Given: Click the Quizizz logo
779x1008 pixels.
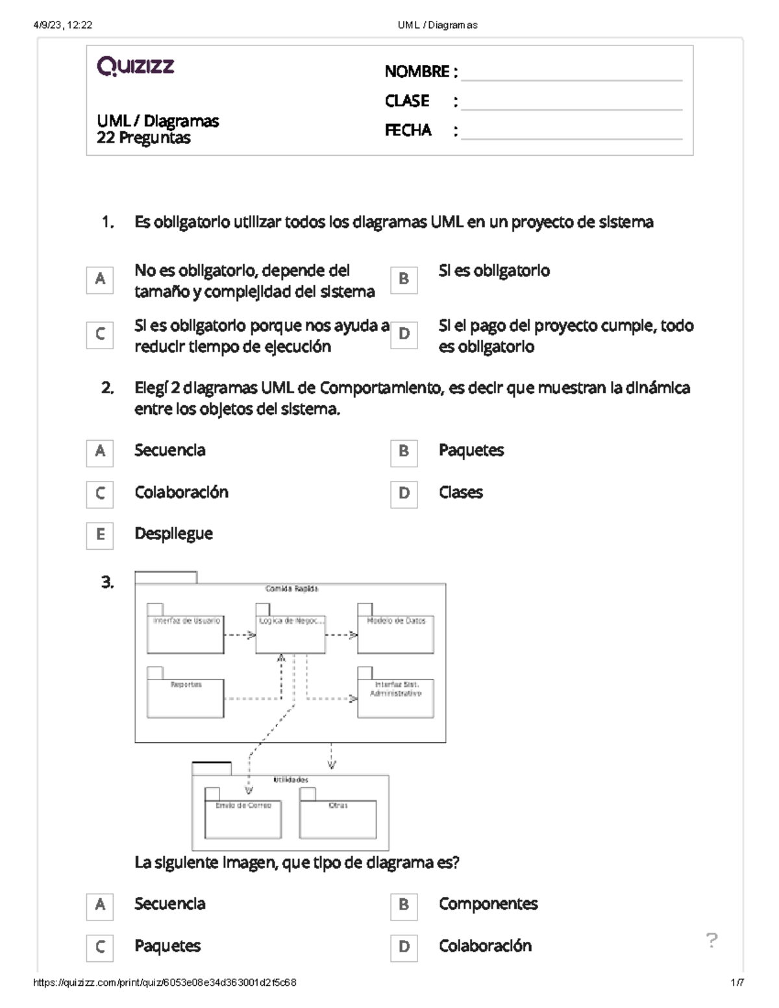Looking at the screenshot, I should (135, 66).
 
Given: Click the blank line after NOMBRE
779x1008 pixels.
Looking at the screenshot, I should (571, 73).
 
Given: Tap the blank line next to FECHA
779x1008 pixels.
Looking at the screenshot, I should (571, 132).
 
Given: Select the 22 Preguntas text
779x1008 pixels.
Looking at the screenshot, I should (143, 138).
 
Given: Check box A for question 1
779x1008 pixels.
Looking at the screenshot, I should (99, 280).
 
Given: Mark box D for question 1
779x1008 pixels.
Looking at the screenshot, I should (404, 335).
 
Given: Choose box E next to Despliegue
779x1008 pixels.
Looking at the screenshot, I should (99, 535).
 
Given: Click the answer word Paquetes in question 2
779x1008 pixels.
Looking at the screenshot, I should (471, 450).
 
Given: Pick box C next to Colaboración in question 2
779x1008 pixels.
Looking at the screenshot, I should (99, 494).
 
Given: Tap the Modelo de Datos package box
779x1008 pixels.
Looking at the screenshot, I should (395, 633).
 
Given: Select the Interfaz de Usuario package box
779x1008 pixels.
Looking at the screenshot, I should (186, 633).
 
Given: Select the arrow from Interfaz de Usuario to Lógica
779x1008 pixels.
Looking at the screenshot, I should (240, 635).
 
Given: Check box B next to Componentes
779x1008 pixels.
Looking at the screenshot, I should (404, 905).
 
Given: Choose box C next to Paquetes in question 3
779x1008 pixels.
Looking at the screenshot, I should (99, 948).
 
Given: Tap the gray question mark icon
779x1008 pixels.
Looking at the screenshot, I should (711, 940).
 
